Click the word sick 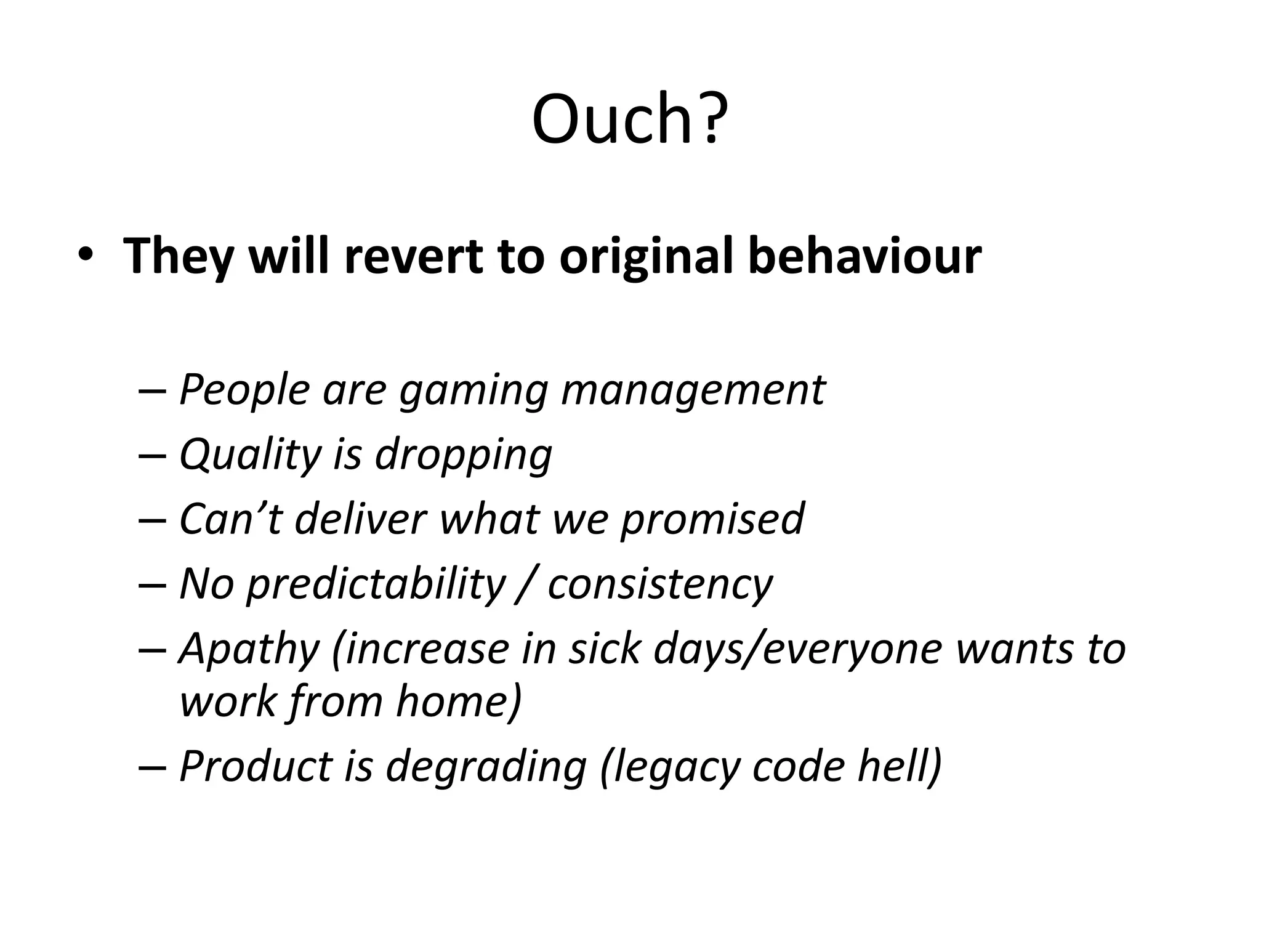603,649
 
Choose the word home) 459,701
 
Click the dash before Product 152,767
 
